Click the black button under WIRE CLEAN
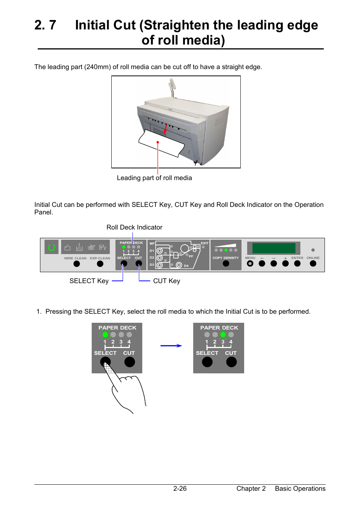point(77,264)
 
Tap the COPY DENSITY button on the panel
point(226,263)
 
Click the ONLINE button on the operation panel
point(313,263)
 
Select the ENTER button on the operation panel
point(297,263)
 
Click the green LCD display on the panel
point(274,248)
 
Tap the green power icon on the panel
point(52,247)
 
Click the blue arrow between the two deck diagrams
point(171,345)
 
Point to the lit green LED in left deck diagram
point(105,334)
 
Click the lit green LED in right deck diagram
point(223,334)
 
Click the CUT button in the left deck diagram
point(129,362)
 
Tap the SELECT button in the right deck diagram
point(207,362)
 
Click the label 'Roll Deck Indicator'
point(134,227)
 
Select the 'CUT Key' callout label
point(166,281)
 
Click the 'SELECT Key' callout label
point(89,281)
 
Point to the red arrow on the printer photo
point(165,128)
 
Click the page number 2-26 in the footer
point(180,488)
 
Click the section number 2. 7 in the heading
point(45,25)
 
